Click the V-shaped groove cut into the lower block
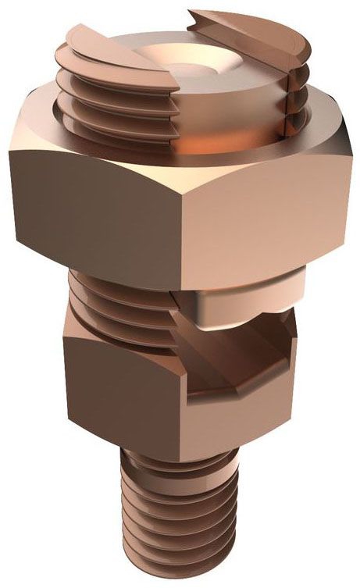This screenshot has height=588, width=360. tap(226, 367)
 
